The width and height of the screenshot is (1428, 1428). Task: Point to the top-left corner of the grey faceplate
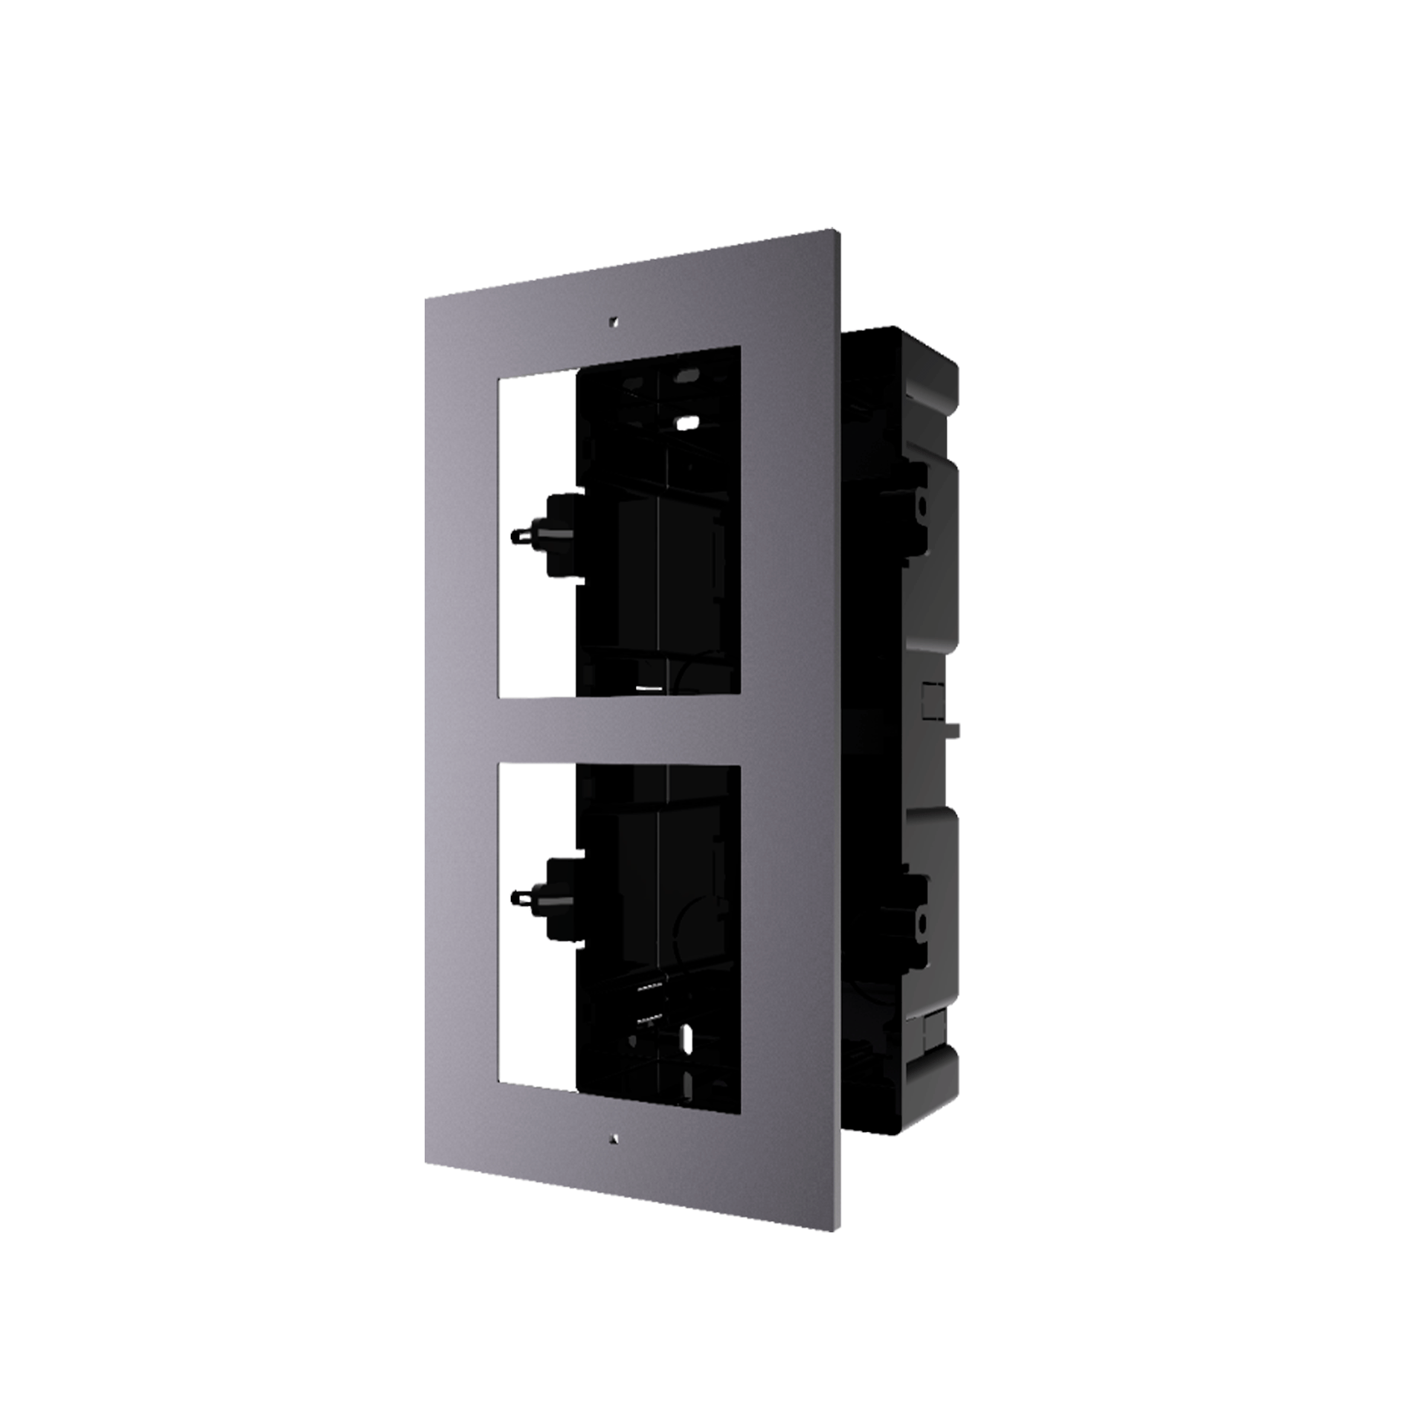click(x=425, y=300)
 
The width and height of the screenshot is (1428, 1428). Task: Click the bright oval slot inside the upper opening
click(x=688, y=423)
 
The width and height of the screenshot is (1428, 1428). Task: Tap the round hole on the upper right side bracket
click(x=922, y=506)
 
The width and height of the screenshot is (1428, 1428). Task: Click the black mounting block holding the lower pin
click(x=562, y=898)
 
